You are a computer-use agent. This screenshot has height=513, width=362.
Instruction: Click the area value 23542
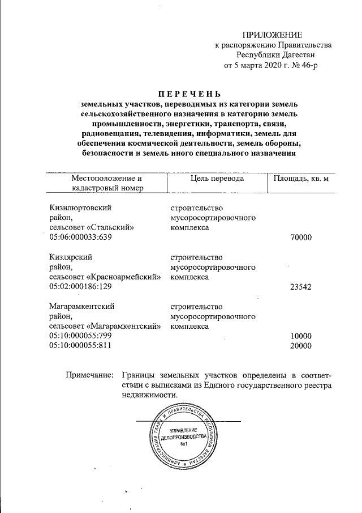point(300,287)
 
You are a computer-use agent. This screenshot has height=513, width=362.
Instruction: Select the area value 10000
point(300,336)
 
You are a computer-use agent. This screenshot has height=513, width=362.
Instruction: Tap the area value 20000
point(300,346)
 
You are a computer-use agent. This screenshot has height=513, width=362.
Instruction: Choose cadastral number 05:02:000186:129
point(81,287)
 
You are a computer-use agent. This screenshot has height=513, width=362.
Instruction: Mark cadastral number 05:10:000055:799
point(81,336)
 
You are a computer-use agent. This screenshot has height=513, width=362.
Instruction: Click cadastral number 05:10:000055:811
point(81,346)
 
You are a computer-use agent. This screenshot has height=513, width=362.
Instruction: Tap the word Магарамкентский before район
point(82,307)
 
